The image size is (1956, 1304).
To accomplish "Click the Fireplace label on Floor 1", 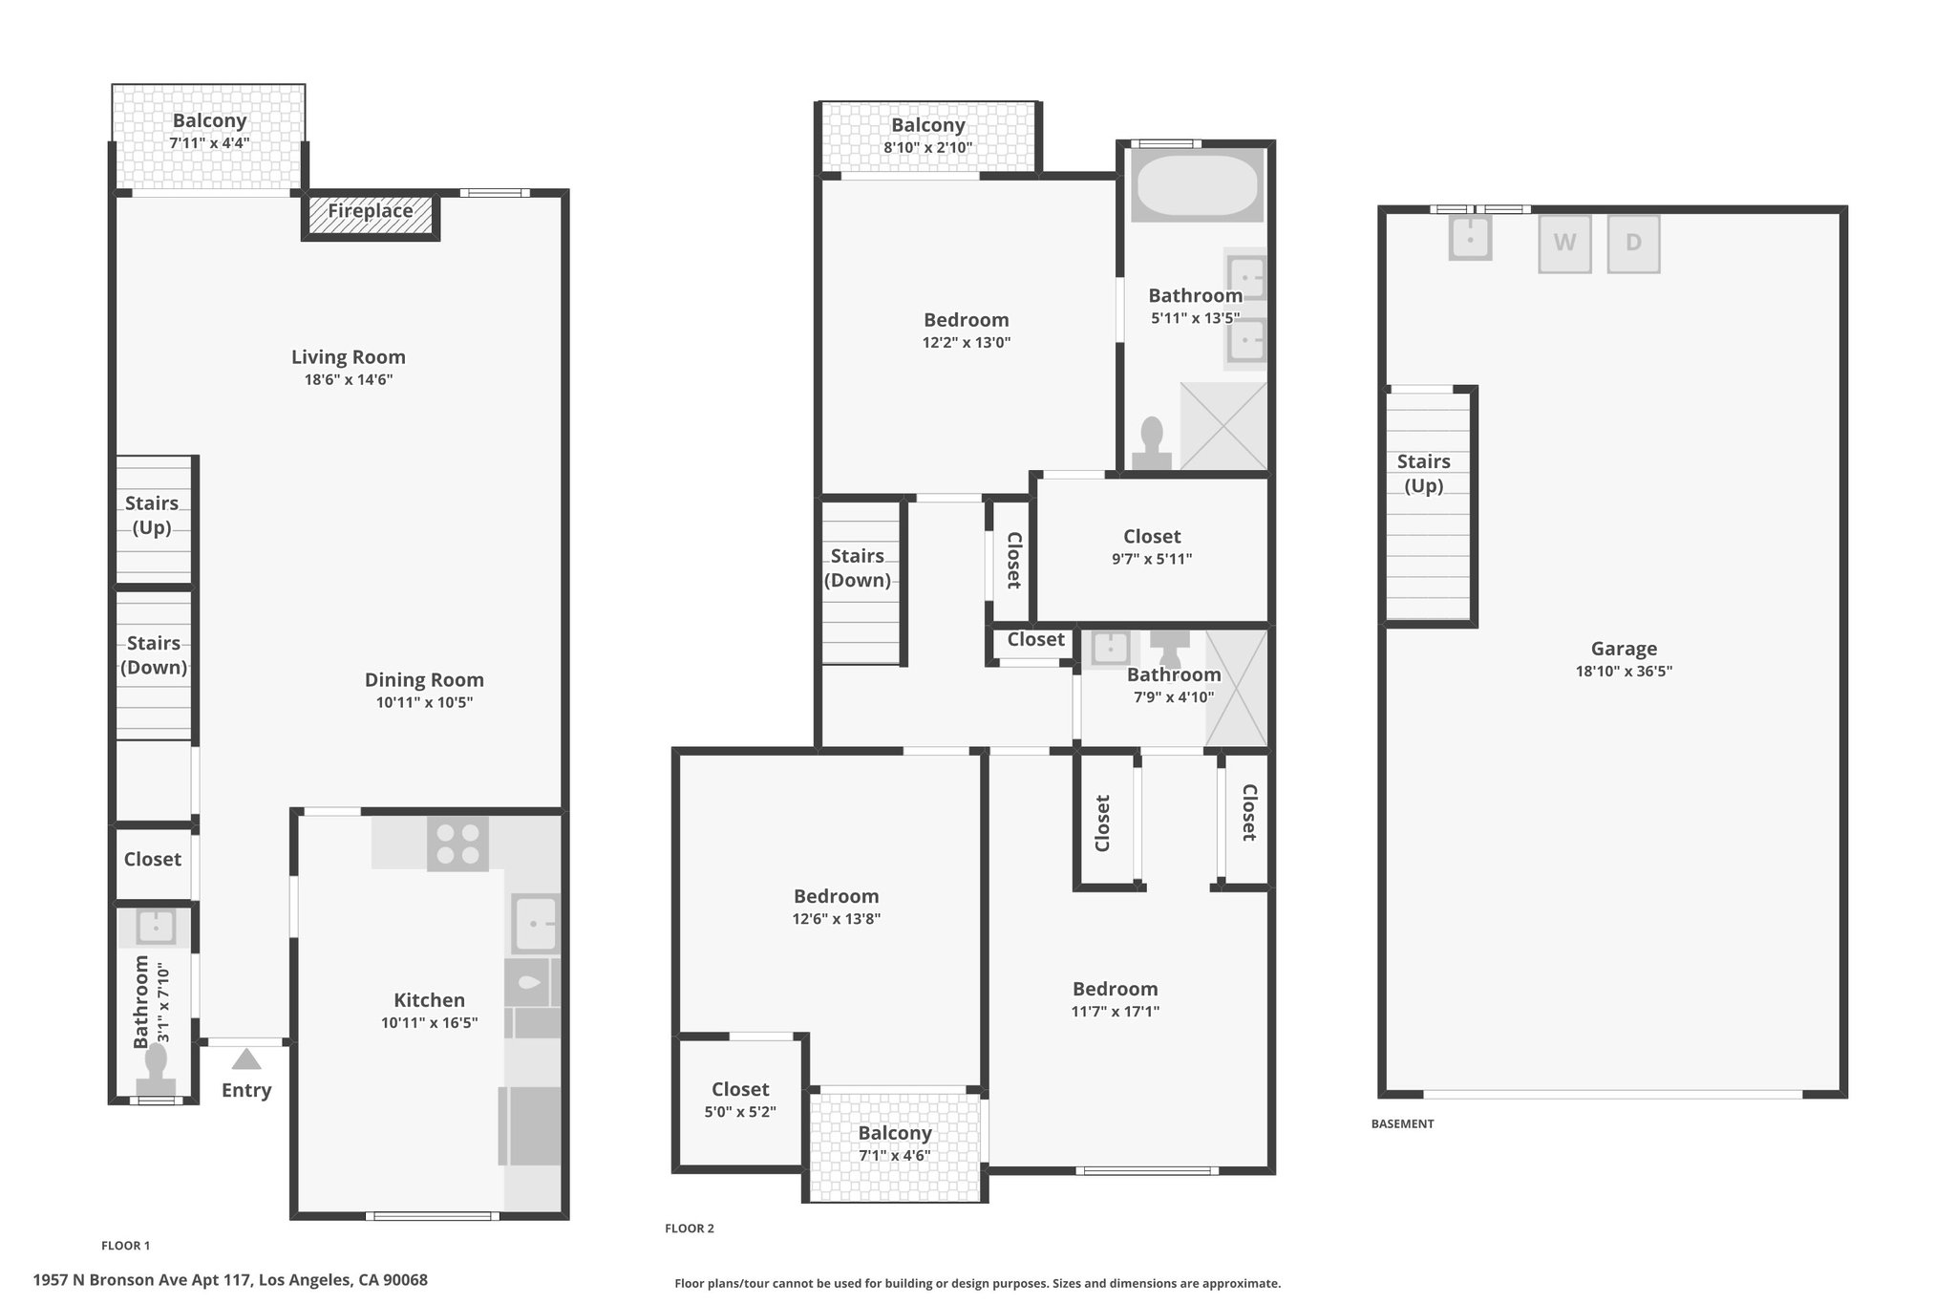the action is (371, 211).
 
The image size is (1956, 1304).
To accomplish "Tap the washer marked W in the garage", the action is (1564, 244).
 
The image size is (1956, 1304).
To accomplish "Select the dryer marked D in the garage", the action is (1633, 244).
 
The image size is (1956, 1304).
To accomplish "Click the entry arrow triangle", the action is (246, 1058).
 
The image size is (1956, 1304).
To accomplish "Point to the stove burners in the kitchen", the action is (457, 844).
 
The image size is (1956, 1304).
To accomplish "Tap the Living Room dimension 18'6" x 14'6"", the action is (349, 380).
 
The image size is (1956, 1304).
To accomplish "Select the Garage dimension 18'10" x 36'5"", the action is (1624, 672).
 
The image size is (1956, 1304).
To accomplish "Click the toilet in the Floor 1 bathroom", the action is (156, 1070).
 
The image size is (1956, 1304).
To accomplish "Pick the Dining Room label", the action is (424, 680).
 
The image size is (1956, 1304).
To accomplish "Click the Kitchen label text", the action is (430, 1000).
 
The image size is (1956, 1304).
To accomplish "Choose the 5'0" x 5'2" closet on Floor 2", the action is (740, 1100).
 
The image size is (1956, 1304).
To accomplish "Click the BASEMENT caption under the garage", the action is (1402, 1124).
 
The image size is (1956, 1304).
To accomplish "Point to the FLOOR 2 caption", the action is (690, 1229).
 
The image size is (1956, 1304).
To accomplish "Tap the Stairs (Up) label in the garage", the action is (1424, 473).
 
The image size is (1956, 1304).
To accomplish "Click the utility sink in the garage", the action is (1470, 237).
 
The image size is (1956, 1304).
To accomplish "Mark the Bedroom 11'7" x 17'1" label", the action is (1116, 999).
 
